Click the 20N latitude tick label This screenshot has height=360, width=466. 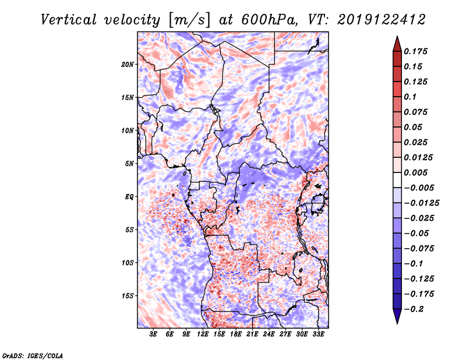pos(128,65)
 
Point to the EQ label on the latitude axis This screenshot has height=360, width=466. pos(129,197)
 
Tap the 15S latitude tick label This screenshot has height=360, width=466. pos(128,296)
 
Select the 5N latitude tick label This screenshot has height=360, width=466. pos(129,164)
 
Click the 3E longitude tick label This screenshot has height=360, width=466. pos(153,334)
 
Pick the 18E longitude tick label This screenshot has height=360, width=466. pos(236,334)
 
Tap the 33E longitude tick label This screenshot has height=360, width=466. pos(318,334)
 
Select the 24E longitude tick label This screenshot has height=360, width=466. pos(269,334)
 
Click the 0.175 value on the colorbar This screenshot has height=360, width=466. pos(415,51)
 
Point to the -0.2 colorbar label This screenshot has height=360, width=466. pos(414,309)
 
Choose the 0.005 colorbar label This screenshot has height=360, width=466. pos(415,172)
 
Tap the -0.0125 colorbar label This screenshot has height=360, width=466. pos(421,203)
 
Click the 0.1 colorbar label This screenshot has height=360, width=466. pos(410,97)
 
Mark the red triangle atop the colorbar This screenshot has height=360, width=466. pos(397,44)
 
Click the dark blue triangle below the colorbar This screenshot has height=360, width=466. pos(397,316)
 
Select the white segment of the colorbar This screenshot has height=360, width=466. pos(397,180)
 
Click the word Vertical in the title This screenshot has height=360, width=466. pos(69,20)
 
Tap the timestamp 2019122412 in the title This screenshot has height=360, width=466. pos(382,20)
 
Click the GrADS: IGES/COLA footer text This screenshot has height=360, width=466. pos(33,356)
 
